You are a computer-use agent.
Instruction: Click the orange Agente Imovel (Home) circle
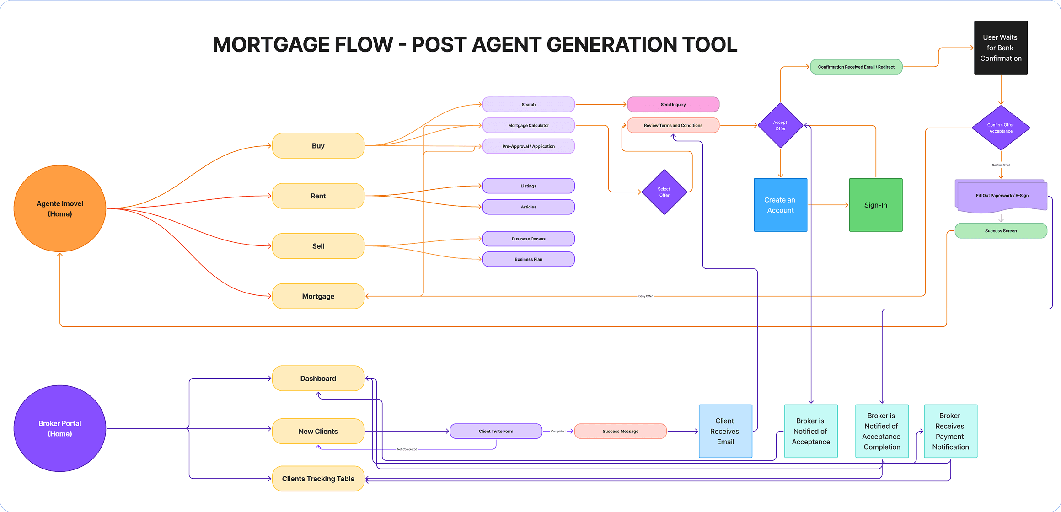(x=60, y=208)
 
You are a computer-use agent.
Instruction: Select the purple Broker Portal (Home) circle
(x=60, y=428)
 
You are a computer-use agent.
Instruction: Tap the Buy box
(x=318, y=146)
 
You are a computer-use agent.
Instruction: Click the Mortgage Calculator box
(x=528, y=125)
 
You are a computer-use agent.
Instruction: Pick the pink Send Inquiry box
(x=673, y=105)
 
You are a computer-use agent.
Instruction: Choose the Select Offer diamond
(x=664, y=192)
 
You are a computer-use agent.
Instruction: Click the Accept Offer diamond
(x=780, y=125)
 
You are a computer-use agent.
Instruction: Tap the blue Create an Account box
(x=780, y=205)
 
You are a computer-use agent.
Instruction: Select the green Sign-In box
(x=875, y=205)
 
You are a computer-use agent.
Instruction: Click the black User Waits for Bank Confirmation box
(x=1001, y=48)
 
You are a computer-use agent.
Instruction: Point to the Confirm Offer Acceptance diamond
(x=1001, y=128)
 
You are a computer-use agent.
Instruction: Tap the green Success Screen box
(x=1001, y=231)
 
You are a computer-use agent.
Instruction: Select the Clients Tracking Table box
(x=318, y=479)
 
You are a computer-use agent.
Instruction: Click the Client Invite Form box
(x=496, y=431)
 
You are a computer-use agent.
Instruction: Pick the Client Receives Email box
(x=725, y=431)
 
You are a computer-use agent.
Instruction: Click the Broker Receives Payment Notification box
(x=950, y=431)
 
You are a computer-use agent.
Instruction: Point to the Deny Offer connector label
(x=645, y=296)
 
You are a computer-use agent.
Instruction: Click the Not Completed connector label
(x=407, y=449)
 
